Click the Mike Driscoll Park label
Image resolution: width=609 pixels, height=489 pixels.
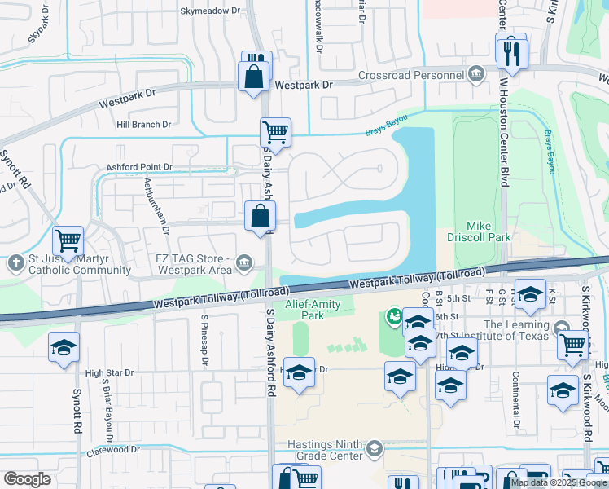click(x=488, y=231)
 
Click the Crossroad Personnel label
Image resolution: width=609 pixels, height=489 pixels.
click(x=411, y=76)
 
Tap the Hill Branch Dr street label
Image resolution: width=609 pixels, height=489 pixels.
click(x=143, y=125)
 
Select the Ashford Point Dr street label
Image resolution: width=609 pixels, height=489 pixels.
click(x=139, y=167)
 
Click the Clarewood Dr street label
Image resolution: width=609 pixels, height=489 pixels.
click(x=113, y=450)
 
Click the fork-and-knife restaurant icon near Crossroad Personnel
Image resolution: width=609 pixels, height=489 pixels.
click(x=511, y=53)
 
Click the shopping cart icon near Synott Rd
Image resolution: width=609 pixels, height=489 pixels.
click(x=68, y=241)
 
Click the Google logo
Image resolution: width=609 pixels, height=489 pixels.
click(x=27, y=479)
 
